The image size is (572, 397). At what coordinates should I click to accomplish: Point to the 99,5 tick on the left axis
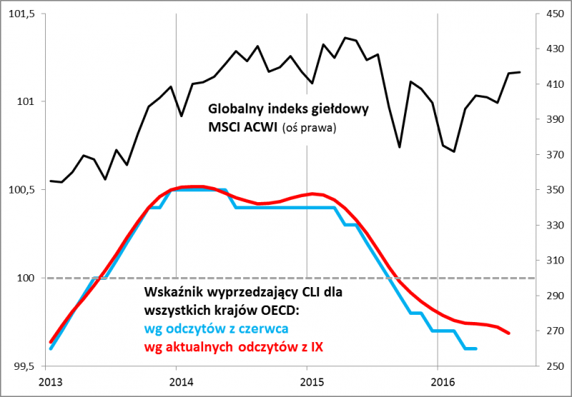23,366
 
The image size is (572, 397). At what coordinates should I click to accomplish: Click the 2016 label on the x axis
438,383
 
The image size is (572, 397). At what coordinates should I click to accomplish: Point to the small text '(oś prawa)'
308,129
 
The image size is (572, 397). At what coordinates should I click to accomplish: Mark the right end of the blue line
476,348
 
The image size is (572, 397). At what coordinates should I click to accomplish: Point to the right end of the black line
520,72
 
